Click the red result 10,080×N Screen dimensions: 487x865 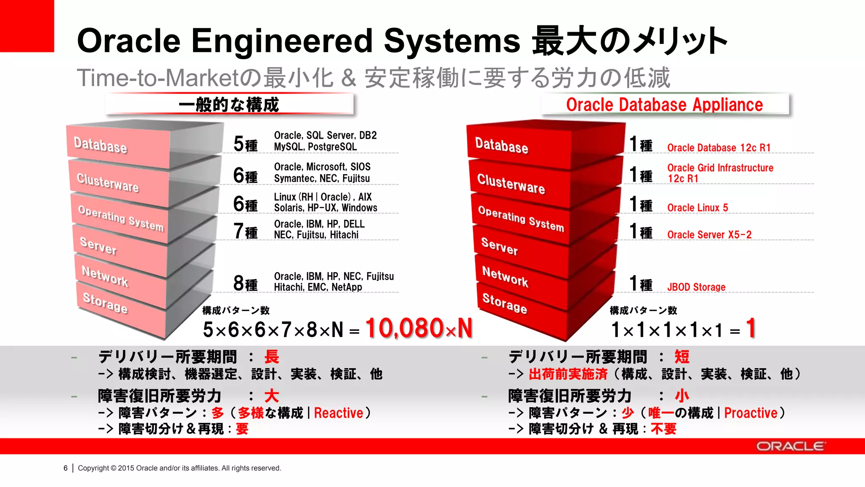pos(418,328)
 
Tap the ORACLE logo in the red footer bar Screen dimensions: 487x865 pos(790,446)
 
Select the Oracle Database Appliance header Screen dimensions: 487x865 pos(664,105)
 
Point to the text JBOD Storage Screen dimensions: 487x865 pos(696,287)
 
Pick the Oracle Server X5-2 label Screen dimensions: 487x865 pos(709,235)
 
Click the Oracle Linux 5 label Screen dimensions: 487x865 pos(697,208)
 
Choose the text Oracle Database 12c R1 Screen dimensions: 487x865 pos(718,148)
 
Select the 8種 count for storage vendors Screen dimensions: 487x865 pos(245,283)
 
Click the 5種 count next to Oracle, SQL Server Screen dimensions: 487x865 pos(245,144)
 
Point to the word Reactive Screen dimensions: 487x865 pos(338,413)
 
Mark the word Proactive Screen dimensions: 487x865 pos(751,413)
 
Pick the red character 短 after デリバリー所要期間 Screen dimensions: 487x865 pos(682,357)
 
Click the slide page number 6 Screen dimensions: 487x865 pos(65,468)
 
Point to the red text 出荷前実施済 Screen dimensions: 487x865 pos(568,374)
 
